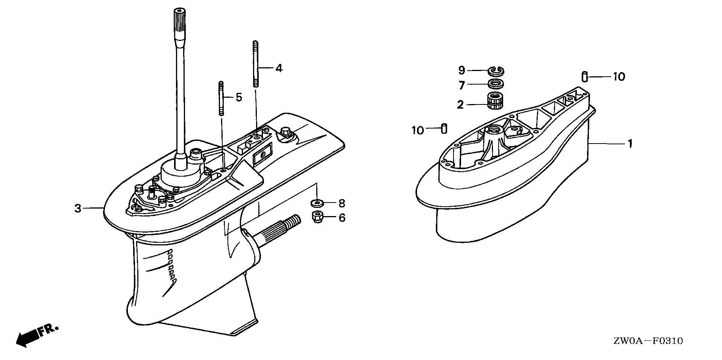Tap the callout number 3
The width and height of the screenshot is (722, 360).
(78, 208)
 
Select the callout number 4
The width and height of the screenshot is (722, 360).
(279, 68)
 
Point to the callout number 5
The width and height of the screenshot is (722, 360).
(239, 97)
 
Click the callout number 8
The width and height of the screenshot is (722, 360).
(341, 204)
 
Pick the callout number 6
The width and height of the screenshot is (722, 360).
(342, 218)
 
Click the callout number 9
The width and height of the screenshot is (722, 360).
(462, 70)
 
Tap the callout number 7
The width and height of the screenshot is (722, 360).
(462, 85)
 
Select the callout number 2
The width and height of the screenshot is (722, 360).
(461, 104)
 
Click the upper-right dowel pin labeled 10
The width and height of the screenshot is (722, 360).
(584, 76)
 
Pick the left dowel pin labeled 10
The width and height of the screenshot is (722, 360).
(443, 128)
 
